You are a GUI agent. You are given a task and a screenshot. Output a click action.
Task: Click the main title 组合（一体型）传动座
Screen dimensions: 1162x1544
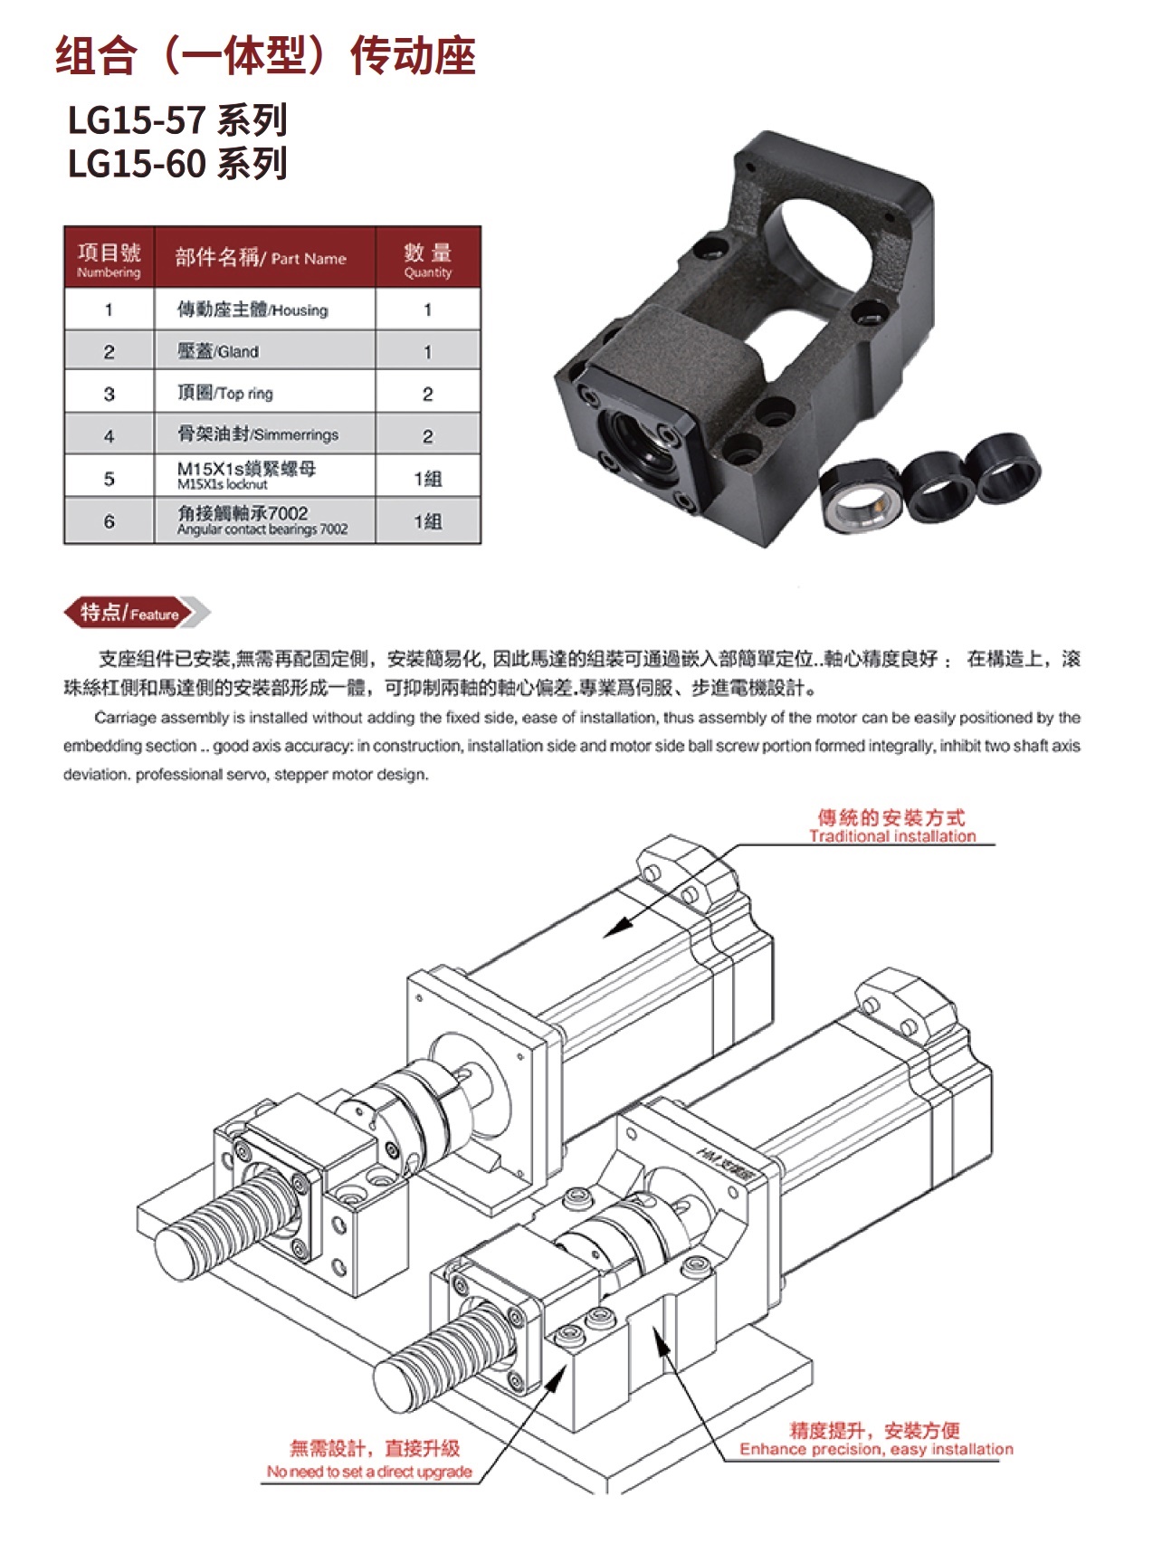click(265, 55)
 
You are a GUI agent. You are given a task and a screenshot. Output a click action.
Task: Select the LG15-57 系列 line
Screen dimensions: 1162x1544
click(177, 120)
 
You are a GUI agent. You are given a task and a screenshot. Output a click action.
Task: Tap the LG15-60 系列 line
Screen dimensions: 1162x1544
click(177, 164)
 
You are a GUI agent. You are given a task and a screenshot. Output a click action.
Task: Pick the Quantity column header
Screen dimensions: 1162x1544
click(428, 258)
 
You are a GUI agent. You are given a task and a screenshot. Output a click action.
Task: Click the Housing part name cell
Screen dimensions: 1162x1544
click(264, 310)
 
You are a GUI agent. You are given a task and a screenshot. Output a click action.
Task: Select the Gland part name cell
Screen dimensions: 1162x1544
click(264, 351)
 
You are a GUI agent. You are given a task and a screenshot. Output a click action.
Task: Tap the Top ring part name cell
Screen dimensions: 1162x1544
click(264, 393)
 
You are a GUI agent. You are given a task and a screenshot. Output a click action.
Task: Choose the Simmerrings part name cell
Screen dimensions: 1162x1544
click(264, 434)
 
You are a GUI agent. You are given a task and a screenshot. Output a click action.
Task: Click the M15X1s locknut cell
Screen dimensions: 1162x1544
click(264, 476)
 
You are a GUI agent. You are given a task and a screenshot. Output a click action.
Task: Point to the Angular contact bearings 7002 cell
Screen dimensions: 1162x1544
click(264, 520)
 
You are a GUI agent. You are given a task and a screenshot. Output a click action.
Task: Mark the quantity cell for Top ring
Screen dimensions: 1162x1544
click(428, 394)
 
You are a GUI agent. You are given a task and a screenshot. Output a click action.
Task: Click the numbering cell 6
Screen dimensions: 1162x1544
click(110, 521)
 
